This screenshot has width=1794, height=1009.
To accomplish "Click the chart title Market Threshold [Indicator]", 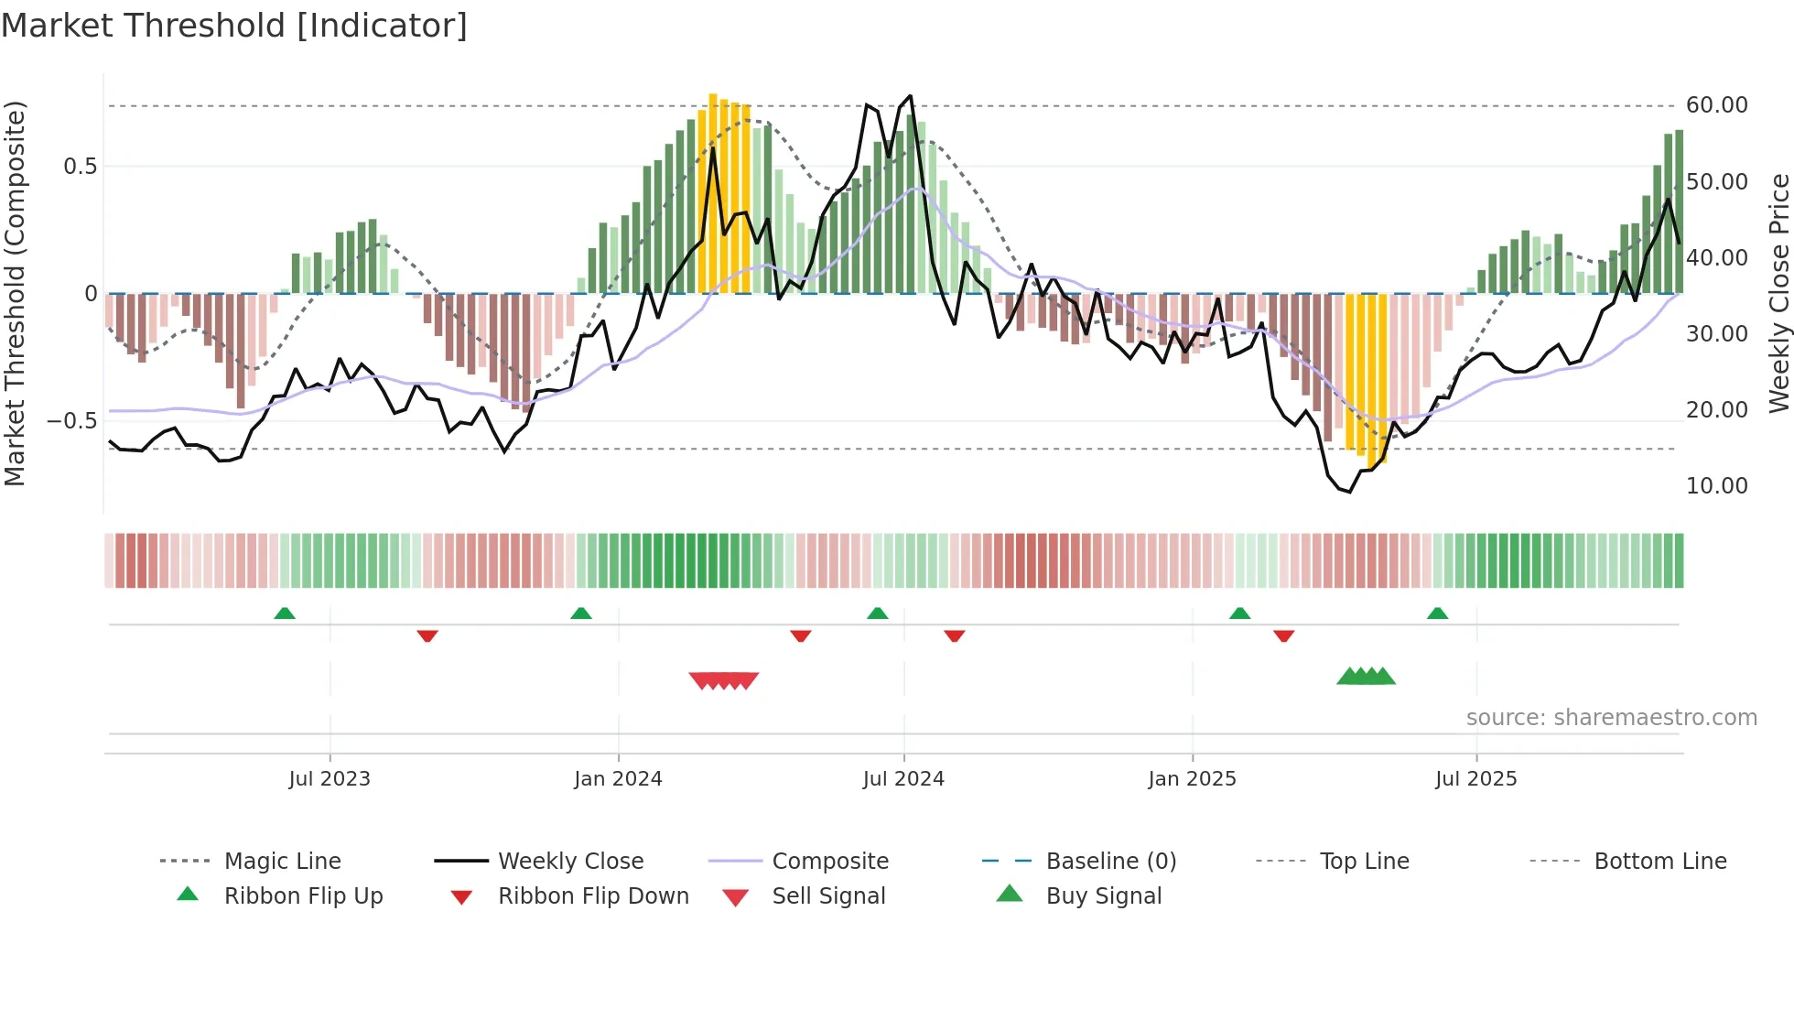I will click(x=234, y=26).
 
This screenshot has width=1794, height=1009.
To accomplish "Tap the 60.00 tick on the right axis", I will click(x=1716, y=105).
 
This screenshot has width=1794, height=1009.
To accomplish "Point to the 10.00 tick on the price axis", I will click(x=1716, y=486).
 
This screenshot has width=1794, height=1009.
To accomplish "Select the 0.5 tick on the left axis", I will click(x=80, y=167).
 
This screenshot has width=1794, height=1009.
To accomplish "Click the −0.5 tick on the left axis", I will click(x=72, y=421).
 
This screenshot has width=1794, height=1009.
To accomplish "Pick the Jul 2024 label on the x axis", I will click(x=902, y=779).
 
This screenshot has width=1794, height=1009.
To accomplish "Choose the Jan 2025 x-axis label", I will click(x=1192, y=779).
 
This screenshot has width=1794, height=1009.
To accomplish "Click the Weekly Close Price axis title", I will click(x=1778, y=293).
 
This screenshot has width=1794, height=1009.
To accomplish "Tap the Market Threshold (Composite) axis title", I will click(x=15, y=293).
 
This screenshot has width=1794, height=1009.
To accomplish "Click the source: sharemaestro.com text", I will click(x=1611, y=718).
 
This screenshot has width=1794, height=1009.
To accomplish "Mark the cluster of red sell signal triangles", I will click(x=724, y=680).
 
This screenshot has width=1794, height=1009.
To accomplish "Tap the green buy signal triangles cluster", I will click(x=1366, y=677).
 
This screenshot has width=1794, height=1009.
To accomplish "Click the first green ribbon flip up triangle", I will click(x=285, y=613).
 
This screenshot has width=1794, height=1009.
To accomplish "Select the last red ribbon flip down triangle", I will click(x=1283, y=635).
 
